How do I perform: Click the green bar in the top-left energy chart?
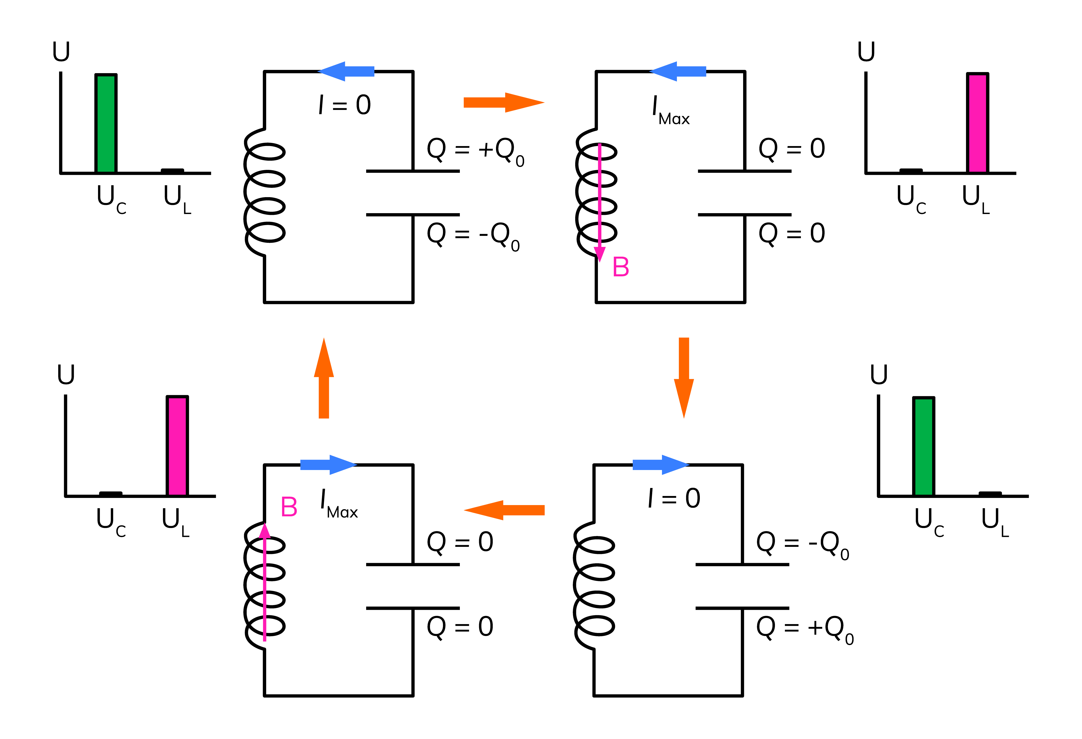[106, 123]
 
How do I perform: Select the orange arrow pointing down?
[683, 377]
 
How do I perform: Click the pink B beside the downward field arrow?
[621, 267]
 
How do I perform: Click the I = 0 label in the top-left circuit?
[345, 105]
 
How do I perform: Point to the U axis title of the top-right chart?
[866, 51]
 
